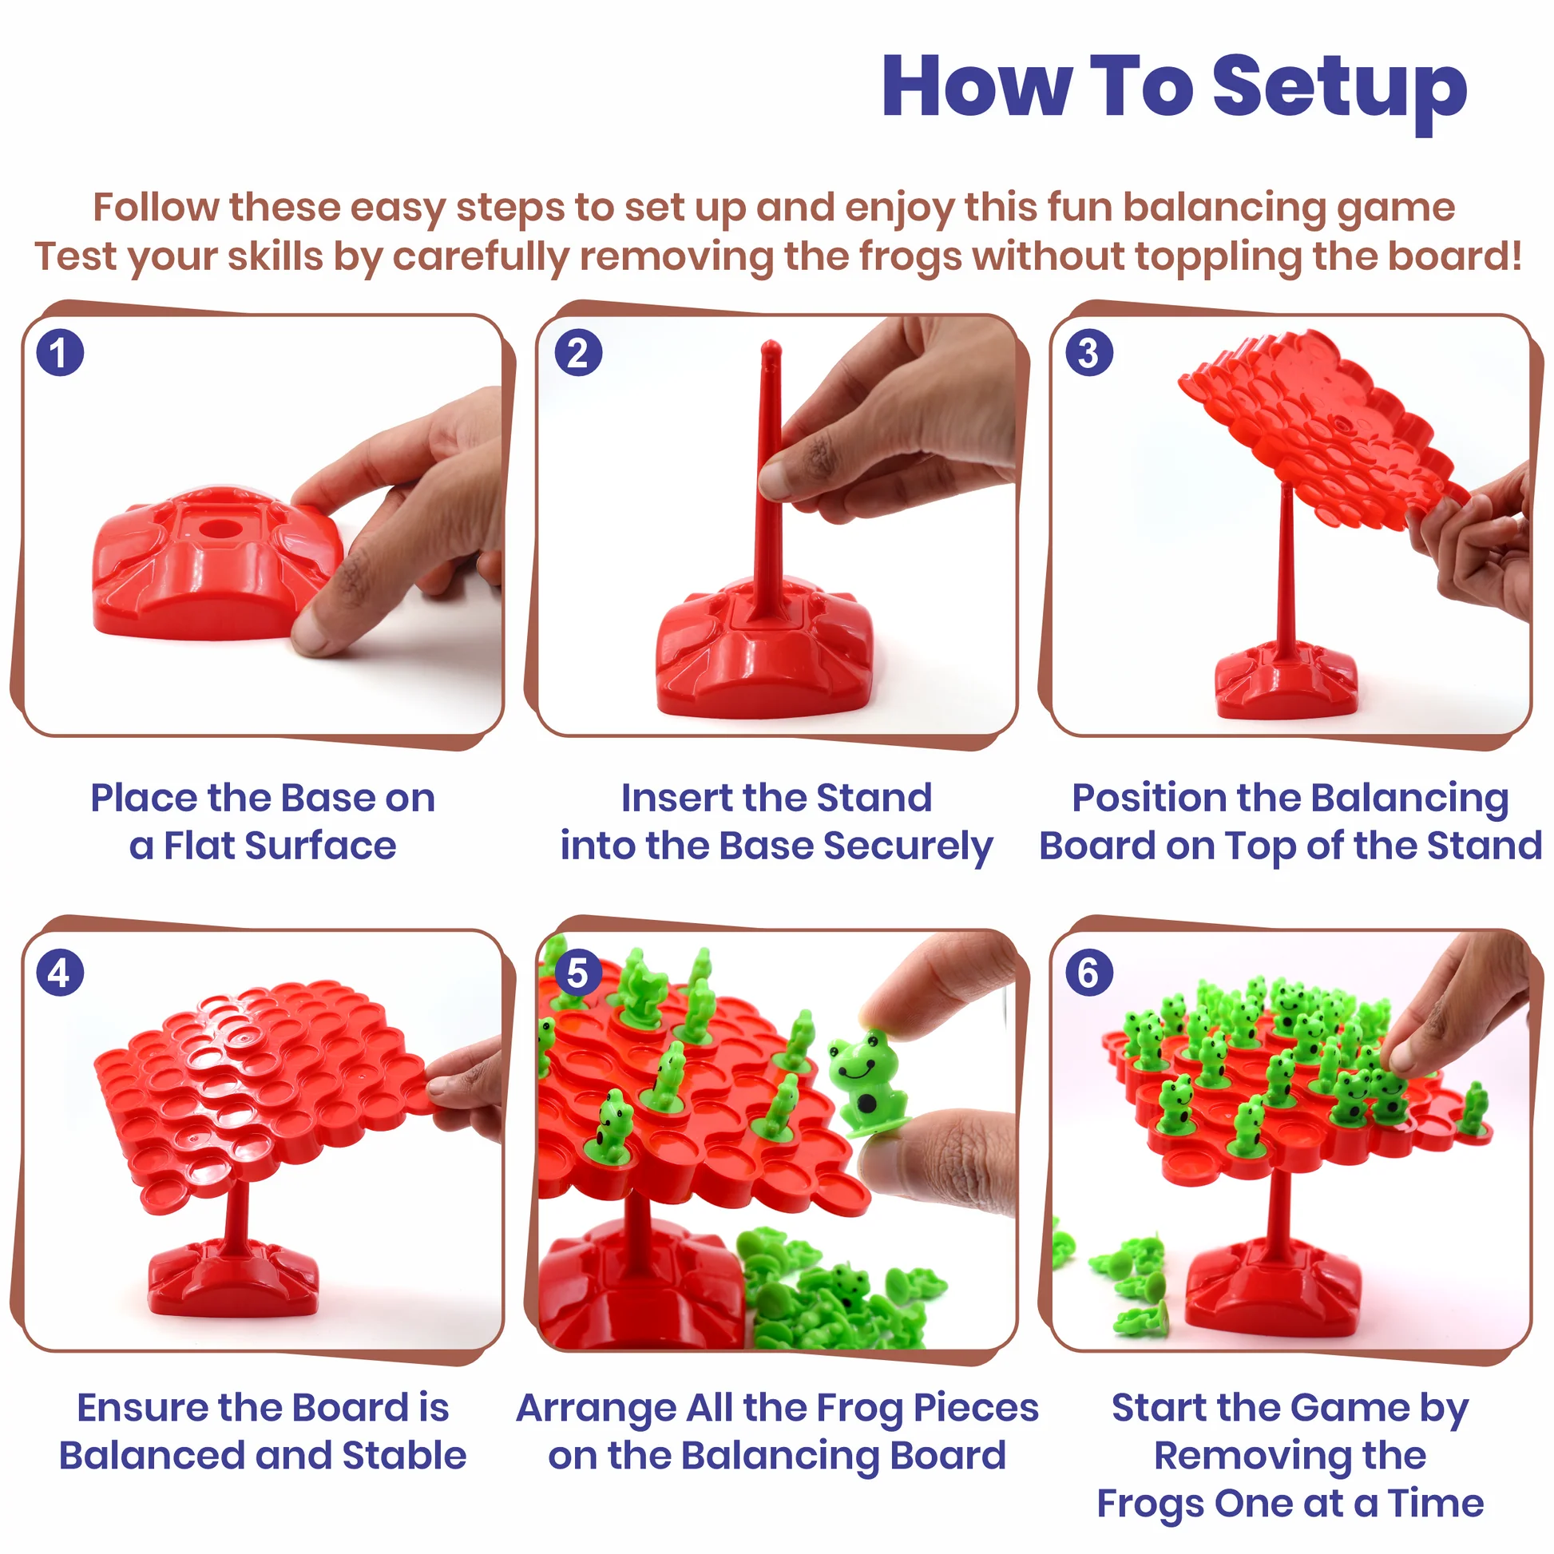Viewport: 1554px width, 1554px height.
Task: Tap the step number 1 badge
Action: [60, 352]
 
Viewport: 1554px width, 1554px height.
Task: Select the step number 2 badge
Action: [578, 352]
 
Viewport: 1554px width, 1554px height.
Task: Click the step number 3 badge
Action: [1089, 352]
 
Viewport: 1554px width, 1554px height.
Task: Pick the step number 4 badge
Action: [60, 973]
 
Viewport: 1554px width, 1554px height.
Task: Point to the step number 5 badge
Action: [578, 973]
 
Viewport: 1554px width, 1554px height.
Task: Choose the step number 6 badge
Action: [1089, 973]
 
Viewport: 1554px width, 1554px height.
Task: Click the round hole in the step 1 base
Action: [216, 529]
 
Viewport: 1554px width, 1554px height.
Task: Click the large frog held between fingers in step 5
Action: [866, 1082]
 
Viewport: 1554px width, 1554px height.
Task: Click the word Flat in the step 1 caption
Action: [200, 846]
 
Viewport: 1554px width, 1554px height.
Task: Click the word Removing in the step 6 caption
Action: [1290, 1455]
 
